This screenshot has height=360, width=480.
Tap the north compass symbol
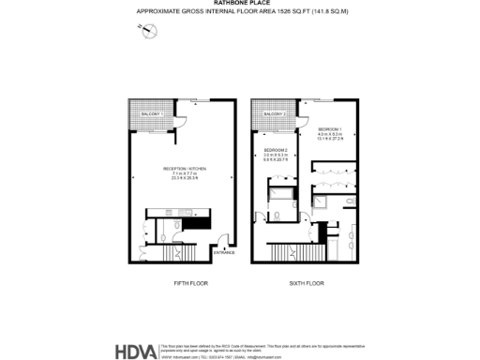[x=147, y=30]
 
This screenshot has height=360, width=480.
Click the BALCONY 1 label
[x=153, y=113]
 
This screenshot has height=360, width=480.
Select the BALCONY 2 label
[x=274, y=113]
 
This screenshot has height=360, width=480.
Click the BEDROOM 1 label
[x=330, y=127]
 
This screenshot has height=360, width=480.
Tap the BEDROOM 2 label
[x=276, y=150]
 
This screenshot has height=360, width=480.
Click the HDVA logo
[x=135, y=352]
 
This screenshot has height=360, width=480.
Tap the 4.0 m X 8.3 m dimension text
[x=330, y=134]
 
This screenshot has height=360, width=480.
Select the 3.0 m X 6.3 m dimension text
[x=276, y=157]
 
